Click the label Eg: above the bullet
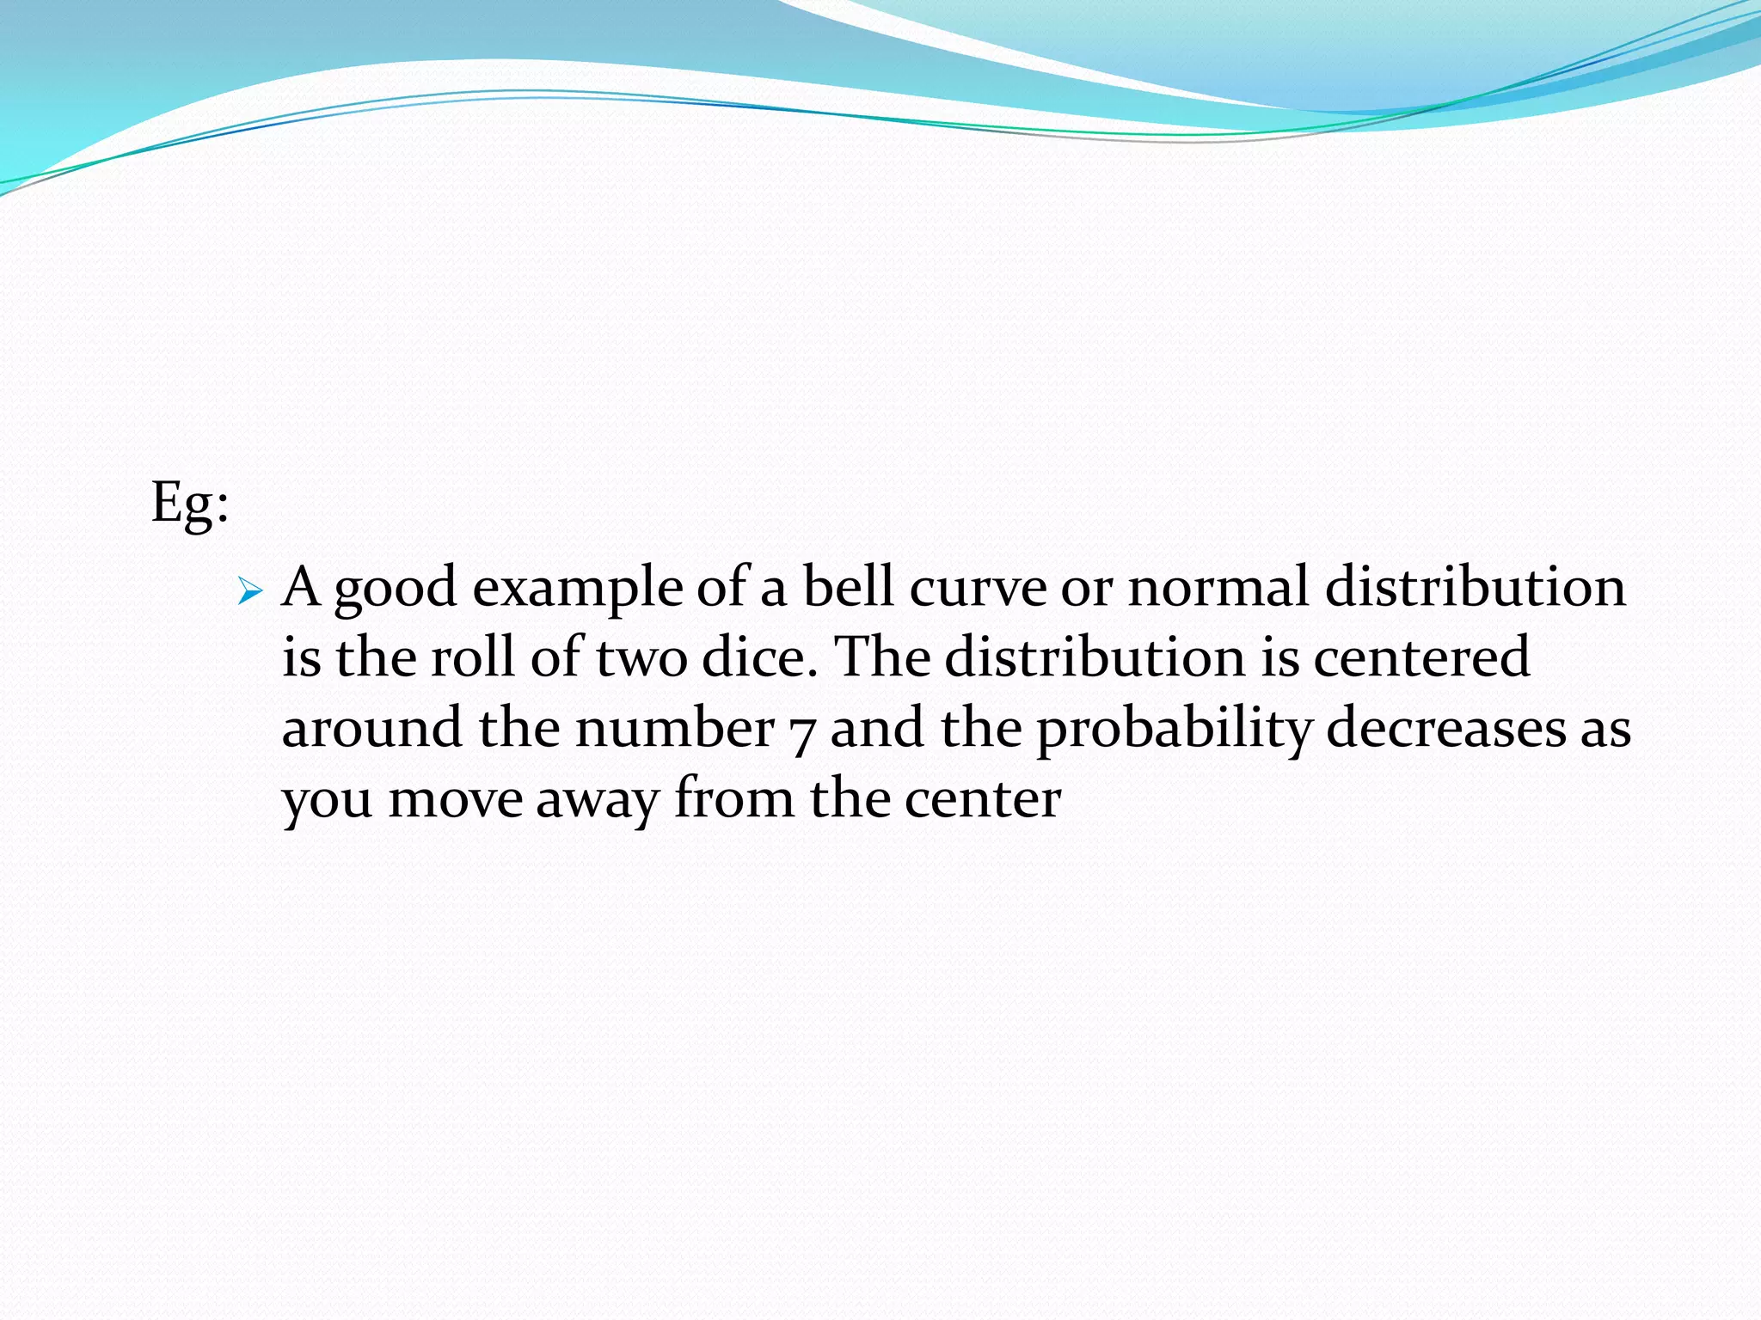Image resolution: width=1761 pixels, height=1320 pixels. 190,503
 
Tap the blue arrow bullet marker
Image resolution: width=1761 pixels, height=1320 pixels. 249,591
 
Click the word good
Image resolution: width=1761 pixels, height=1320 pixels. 396,590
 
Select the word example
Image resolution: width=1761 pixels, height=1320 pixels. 578,590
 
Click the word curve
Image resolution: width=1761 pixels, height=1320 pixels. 978,590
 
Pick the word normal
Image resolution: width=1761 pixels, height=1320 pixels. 1218,588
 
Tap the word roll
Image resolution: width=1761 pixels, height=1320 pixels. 472,658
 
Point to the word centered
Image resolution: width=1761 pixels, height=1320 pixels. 1421,658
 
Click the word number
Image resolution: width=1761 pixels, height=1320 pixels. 675,729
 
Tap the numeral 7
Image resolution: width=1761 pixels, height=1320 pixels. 802,732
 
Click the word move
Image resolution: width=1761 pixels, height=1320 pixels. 456,799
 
